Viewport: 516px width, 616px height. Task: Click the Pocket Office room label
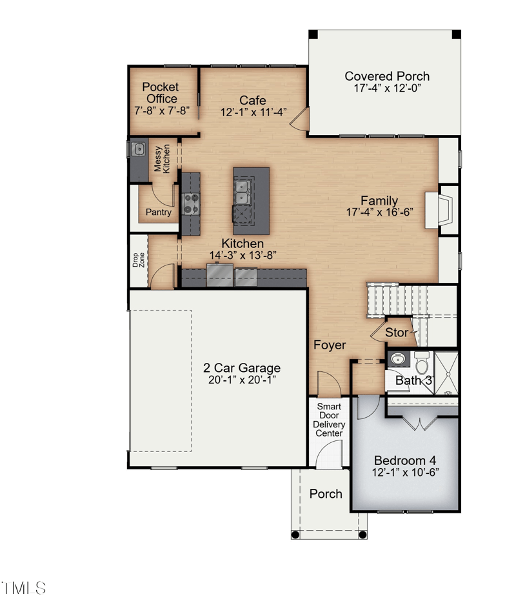tap(161, 93)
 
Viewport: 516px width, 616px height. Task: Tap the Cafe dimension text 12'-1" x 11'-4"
tap(253, 112)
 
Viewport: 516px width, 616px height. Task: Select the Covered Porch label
tap(387, 76)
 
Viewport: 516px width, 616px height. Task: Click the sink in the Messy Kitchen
tap(138, 149)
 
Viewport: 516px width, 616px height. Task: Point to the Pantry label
tap(159, 212)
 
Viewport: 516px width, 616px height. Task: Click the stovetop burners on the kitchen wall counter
tap(191, 204)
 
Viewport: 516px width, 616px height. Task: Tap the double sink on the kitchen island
tap(243, 192)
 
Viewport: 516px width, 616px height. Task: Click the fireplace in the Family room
tap(439, 210)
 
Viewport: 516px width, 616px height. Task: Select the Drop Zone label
tap(139, 260)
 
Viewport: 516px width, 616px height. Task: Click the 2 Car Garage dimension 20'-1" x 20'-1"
tap(242, 380)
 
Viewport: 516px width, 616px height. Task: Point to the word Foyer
tap(330, 345)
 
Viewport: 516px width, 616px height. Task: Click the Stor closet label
tap(396, 333)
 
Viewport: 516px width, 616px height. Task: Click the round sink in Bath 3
tap(398, 358)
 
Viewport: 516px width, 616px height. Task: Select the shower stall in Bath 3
tap(446, 373)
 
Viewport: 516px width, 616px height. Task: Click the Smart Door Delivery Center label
tap(329, 420)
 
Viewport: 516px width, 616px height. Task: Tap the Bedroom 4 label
tap(405, 460)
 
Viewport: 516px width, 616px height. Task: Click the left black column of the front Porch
tap(295, 535)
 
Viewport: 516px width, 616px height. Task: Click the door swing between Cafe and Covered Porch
tap(299, 119)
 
